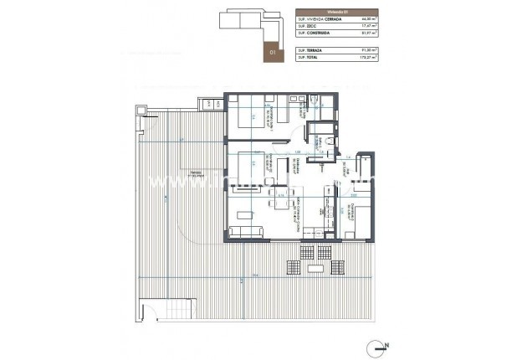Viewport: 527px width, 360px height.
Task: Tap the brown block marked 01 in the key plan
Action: click(x=272, y=51)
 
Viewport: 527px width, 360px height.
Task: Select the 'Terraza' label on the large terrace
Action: click(x=195, y=173)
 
